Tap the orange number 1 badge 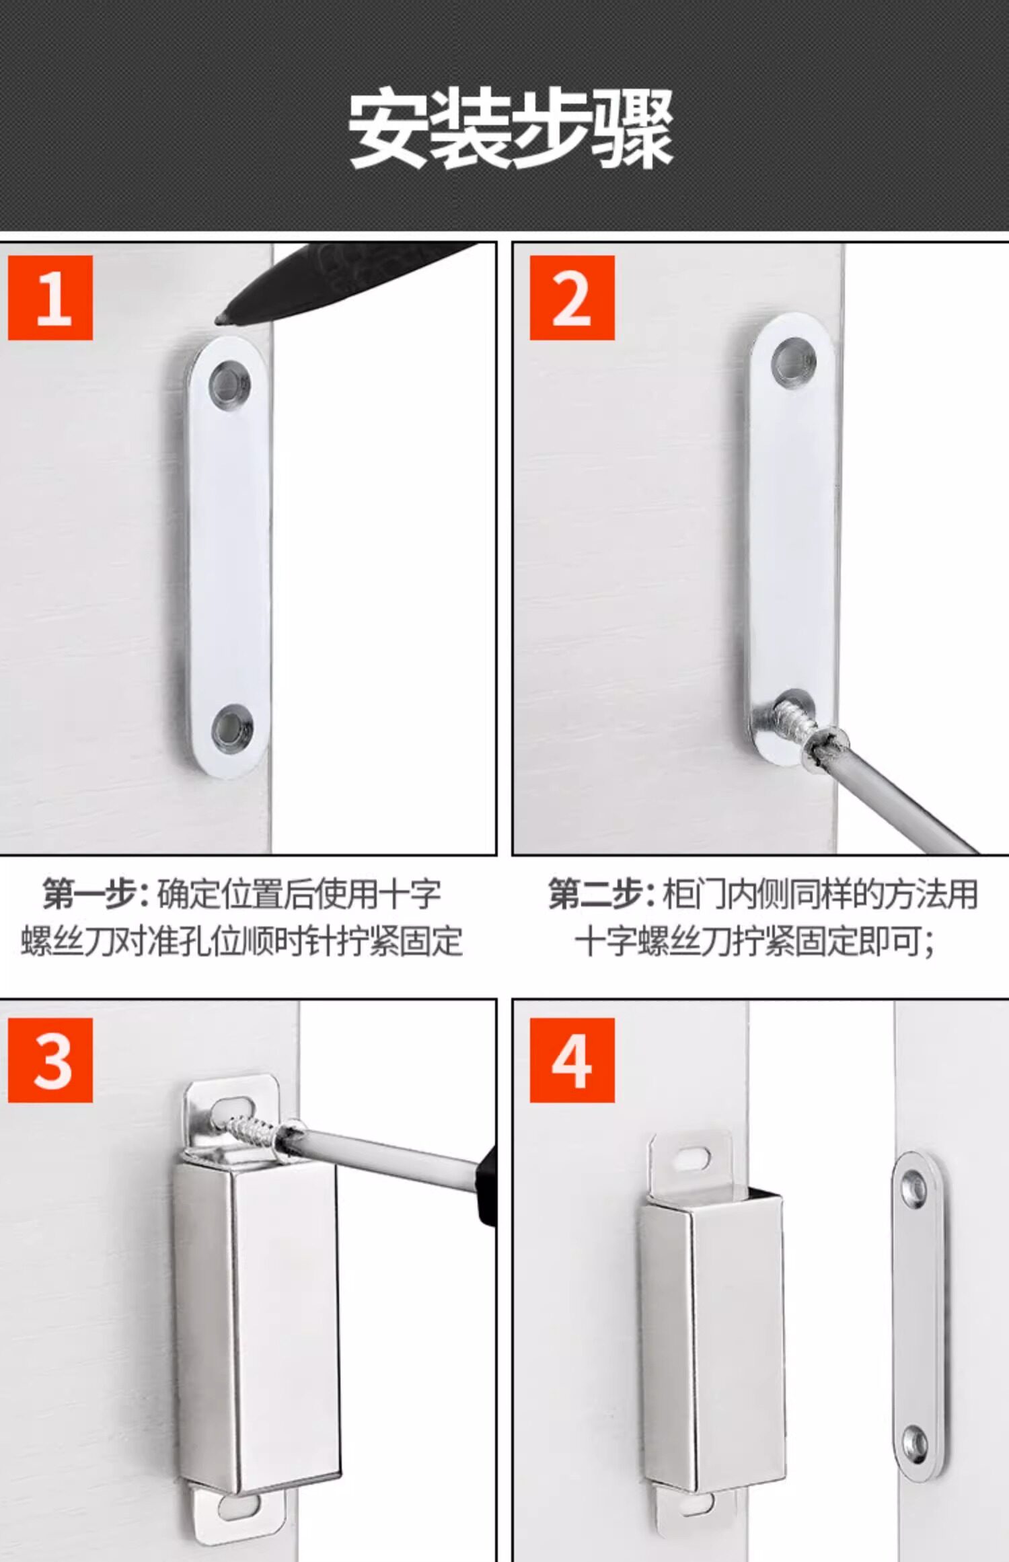(50, 297)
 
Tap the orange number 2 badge (572, 297)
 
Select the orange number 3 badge (50, 1060)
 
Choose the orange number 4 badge (572, 1060)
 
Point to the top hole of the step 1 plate (229, 386)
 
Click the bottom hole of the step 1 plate (232, 728)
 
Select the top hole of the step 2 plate (794, 361)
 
